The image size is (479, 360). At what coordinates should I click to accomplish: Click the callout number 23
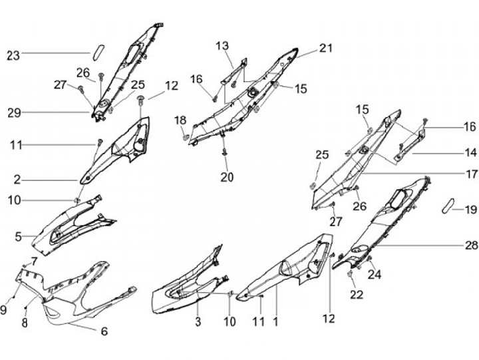point(14,56)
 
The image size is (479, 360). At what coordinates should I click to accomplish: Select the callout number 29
point(14,113)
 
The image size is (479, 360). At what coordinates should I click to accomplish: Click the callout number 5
point(18,236)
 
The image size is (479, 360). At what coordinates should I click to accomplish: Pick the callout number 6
point(104,331)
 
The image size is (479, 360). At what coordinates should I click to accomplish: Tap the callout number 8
point(25,323)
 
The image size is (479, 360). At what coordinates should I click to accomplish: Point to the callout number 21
point(325,48)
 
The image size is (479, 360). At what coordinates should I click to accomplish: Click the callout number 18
point(180,120)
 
